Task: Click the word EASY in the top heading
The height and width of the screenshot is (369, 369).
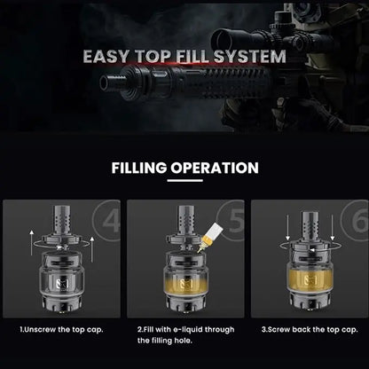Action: [109, 59]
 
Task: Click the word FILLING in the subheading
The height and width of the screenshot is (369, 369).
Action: [151, 168]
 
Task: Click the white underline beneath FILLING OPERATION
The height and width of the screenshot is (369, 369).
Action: [184, 185]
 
